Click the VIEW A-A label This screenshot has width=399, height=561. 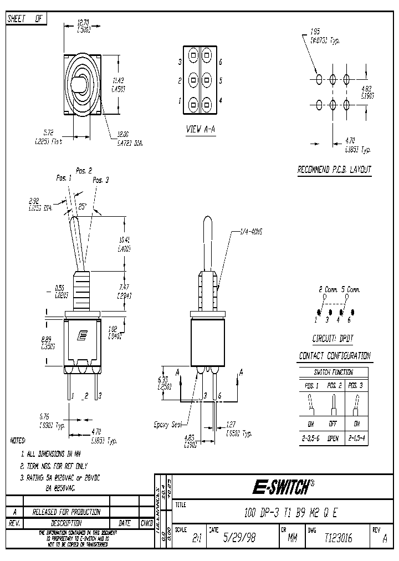tap(200, 130)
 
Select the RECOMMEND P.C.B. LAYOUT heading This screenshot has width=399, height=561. tap(334, 170)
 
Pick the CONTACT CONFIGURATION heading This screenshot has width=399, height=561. tap(335, 356)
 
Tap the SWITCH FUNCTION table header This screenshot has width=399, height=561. tap(333, 373)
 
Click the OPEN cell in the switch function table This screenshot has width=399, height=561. tap(333, 437)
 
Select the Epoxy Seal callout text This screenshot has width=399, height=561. tap(167, 425)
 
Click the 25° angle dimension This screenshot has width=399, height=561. tap(83, 206)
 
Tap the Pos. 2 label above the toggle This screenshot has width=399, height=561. tap(83, 171)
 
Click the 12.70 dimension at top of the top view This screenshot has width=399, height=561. tap(83, 23)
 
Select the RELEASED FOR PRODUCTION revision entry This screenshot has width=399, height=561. tap(66, 512)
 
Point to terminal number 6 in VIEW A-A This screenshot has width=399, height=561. tap(221, 62)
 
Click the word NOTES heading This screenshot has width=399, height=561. tap(18, 441)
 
